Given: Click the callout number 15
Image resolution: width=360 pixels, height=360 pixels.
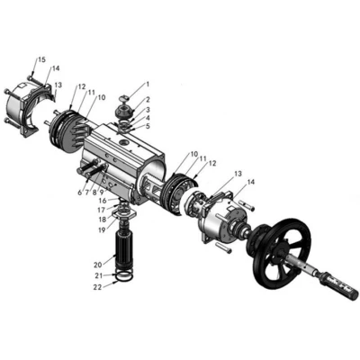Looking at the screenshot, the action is coord(41,59).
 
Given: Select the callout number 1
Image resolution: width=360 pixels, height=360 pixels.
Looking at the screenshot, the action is coord(148,84).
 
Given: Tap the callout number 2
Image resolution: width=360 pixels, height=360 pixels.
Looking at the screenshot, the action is coord(148,100).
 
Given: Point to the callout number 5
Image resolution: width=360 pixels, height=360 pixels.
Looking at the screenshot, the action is coord(148,126).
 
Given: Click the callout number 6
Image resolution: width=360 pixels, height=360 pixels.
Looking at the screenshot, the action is coord(79,193).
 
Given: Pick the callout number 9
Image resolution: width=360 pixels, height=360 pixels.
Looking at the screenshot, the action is coord(102,192).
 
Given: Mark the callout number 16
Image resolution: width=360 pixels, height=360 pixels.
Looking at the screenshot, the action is coord(103,201).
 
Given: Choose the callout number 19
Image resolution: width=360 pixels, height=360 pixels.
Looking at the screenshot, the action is coord(102,230).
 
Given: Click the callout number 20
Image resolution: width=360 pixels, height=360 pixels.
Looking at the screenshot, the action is coord(98,265).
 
